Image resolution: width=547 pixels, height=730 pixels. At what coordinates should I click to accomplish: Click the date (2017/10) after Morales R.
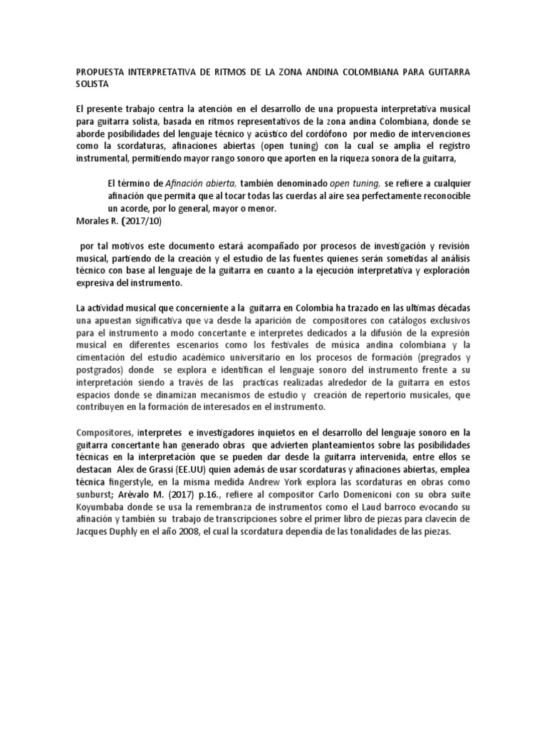[x=142, y=220]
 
